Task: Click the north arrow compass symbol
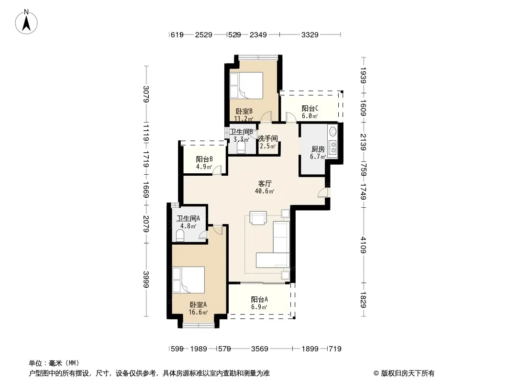point(26,22)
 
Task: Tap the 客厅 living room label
point(265,184)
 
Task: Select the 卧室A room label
point(198,305)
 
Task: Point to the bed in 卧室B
point(246,85)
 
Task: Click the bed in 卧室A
point(188,280)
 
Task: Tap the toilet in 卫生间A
point(180,236)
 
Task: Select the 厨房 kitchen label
point(318,149)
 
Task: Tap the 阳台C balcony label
point(310,108)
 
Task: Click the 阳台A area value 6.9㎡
point(259,307)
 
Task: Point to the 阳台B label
point(204,159)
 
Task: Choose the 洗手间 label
point(268,139)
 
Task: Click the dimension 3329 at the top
point(310,34)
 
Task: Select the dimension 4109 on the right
point(363,245)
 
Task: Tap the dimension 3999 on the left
point(146,279)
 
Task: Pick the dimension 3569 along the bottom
point(260,349)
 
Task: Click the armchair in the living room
point(258,218)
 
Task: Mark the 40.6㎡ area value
point(265,191)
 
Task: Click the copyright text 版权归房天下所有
point(408,373)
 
